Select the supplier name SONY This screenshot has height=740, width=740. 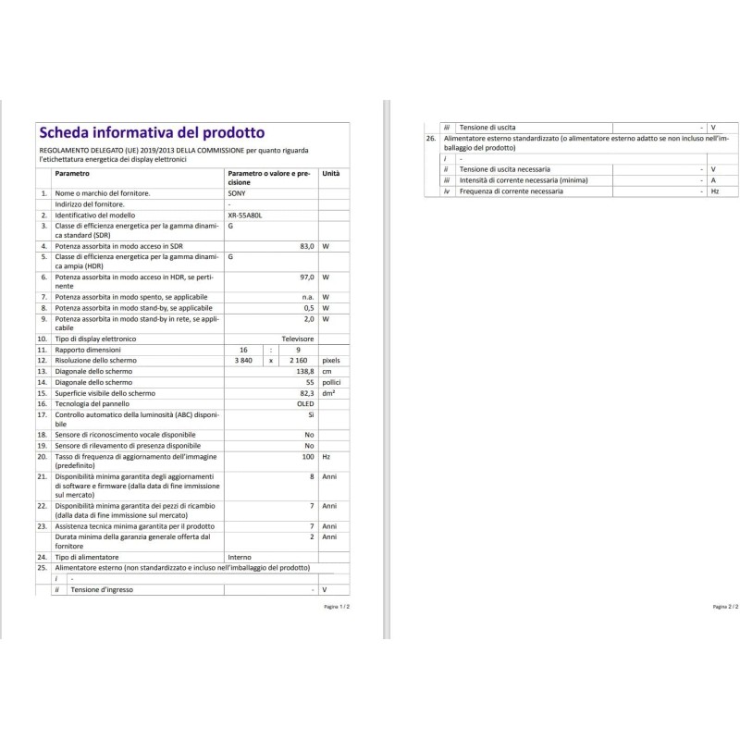(237, 193)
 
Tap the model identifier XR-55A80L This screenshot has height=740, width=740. (244, 214)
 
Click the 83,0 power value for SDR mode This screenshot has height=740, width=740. (308, 246)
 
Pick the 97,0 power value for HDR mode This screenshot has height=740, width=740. (308, 277)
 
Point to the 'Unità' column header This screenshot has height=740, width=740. (330, 174)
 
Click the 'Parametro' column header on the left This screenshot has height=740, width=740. (72, 174)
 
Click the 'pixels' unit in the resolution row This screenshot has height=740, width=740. (331, 360)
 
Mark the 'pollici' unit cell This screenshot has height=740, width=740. (331, 382)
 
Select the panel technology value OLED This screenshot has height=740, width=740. (304, 404)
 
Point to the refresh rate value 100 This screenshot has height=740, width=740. (309, 457)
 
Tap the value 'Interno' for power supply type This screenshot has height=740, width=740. (239, 558)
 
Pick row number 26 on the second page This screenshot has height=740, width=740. (430, 138)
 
